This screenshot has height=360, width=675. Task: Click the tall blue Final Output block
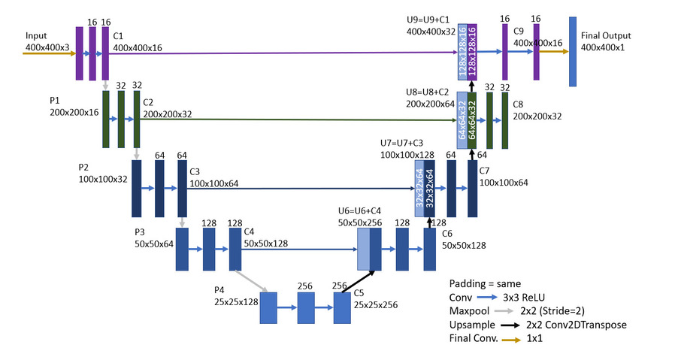click(573, 51)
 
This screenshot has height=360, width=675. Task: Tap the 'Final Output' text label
click(606, 35)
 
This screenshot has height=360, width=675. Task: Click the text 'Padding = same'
click(485, 283)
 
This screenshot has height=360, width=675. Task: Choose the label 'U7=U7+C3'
click(405, 143)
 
